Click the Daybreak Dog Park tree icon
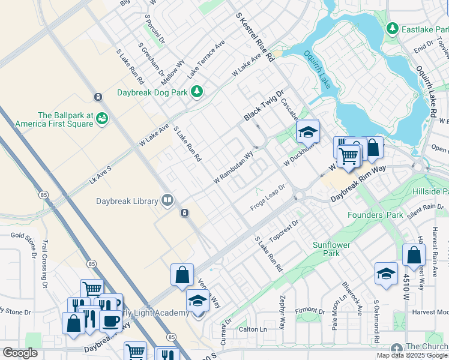click(x=196, y=92)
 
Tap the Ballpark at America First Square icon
click(x=103, y=118)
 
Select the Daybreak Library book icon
click(x=167, y=200)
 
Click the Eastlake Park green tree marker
click(x=393, y=28)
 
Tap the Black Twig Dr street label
click(x=263, y=106)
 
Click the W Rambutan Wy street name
click(x=234, y=167)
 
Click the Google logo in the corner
click(x=20, y=353)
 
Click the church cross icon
click(x=396, y=348)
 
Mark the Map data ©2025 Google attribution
click(x=412, y=355)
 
